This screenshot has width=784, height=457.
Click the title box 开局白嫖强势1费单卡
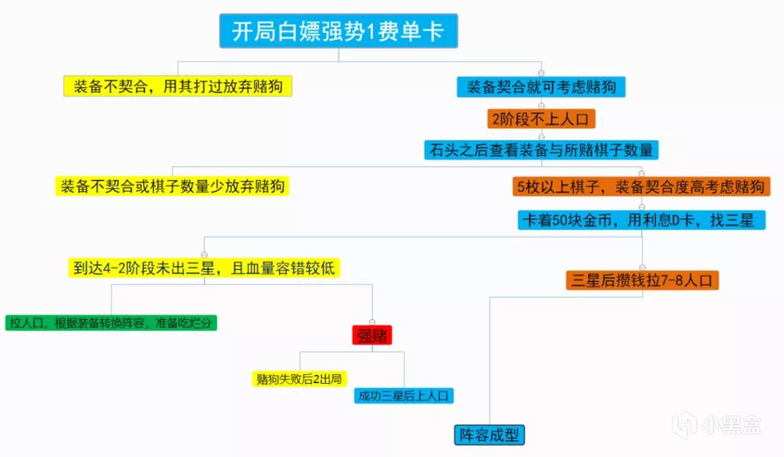point(338,31)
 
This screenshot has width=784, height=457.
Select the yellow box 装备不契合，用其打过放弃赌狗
point(178,86)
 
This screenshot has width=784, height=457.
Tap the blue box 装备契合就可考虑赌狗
point(541,87)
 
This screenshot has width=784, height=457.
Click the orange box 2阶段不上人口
point(541,119)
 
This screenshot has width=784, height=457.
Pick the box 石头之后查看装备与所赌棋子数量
point(541,150)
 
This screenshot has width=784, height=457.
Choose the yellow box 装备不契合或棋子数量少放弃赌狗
point(172,186)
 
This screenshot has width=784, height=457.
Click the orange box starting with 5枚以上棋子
point(641,187)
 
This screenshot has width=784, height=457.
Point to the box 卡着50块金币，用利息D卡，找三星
point(642,220)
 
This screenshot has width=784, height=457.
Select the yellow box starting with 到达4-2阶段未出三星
point(204,268)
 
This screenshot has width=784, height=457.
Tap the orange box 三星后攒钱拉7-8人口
point(642,280)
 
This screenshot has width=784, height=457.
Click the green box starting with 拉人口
point(111,323)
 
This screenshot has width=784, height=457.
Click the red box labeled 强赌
point(372,335)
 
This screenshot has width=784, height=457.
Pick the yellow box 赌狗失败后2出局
point(299,379)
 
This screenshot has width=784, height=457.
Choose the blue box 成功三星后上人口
point(404,395)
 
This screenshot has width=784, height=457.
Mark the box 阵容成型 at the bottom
point(489,435)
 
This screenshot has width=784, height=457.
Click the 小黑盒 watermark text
point(731,425)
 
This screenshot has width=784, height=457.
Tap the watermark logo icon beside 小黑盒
point(685,426)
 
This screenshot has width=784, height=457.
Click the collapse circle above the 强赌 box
point(372,322)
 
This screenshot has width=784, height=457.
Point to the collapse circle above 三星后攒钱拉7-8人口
point(642,267)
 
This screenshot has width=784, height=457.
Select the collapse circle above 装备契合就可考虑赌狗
point(541,73)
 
